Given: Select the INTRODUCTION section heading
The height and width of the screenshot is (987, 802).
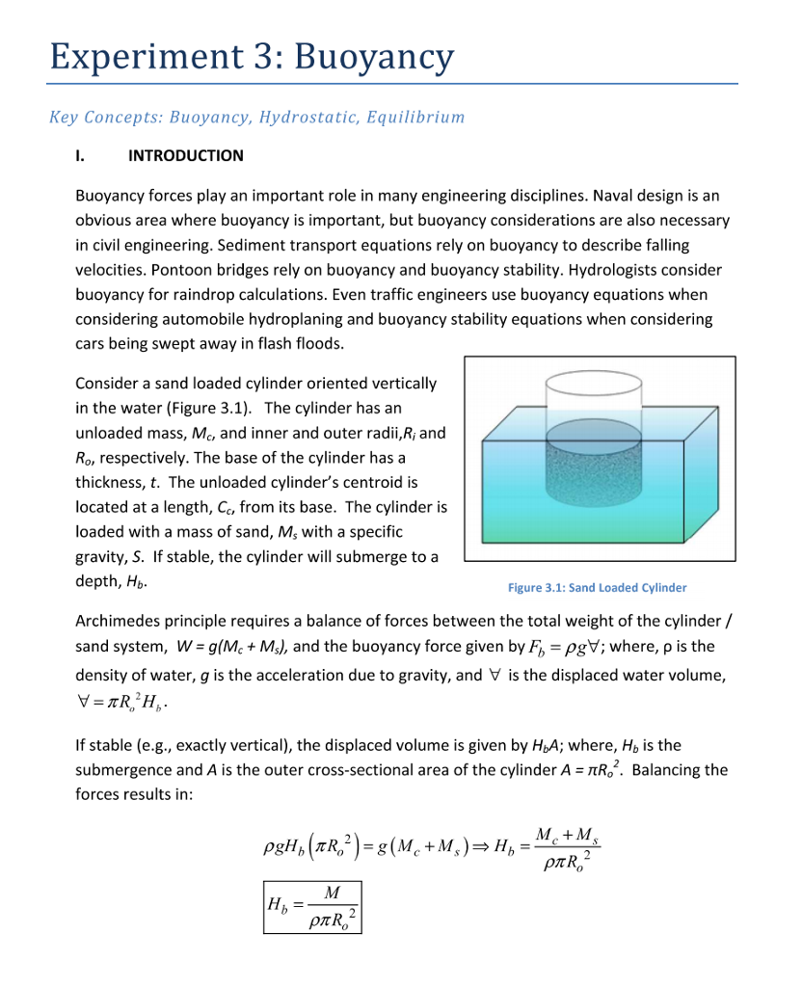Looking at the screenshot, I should tap(185, 155).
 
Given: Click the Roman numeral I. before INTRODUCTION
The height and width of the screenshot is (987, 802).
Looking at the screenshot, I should tap(82, 155).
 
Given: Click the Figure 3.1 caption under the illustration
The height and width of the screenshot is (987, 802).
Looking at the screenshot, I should tap(598, 587).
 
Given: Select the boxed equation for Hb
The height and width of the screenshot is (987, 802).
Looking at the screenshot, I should tap(313, 907).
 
